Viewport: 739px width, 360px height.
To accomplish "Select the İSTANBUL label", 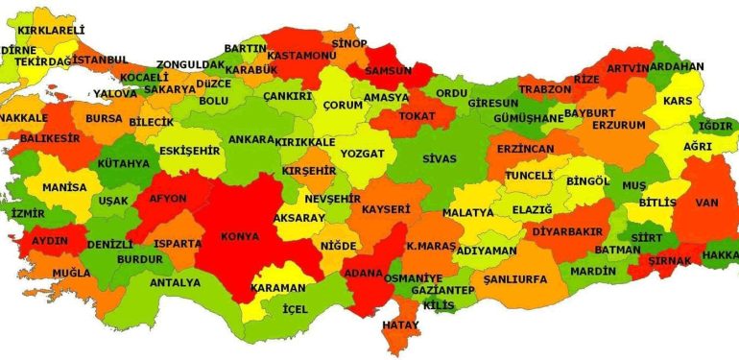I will [x=99, y=60].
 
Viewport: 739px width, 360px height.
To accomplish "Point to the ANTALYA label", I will [x=175, y=282].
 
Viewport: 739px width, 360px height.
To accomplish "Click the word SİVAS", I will [x=440, y=157].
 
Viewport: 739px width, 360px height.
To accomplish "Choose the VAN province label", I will [x=707, y=203].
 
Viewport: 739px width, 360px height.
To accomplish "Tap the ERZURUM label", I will [x=618, y=126].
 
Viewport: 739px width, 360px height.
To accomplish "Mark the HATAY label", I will [x=401, y=325].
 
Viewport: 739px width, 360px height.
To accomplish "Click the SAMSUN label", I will [x=385, y=70].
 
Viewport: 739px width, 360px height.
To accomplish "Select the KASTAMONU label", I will [x=300, y=57].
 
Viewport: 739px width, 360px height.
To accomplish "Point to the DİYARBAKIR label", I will [x=567, y=231].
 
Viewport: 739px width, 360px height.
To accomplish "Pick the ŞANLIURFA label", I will [x=515, y=278].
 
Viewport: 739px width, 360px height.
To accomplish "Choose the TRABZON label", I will [x=544, y=88].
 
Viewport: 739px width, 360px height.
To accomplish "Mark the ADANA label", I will [x=364, y=272].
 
